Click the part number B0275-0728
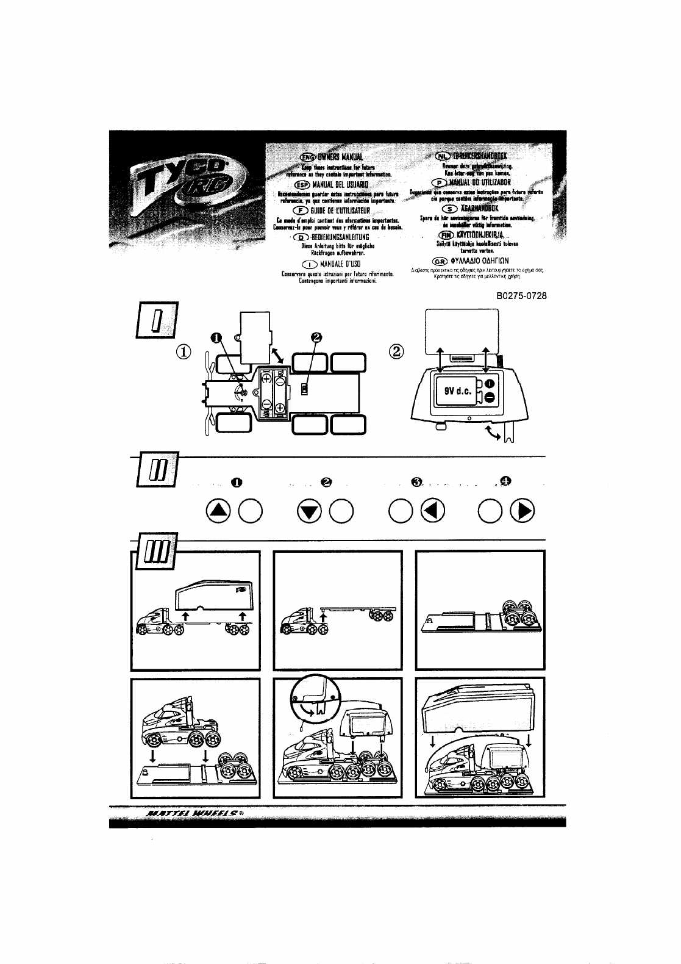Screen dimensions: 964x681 (522, 296)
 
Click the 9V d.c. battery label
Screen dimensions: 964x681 (452, 391)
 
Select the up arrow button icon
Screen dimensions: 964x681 (217, 511)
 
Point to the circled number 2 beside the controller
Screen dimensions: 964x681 (397, 351)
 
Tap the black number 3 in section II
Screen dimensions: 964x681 (416, 483)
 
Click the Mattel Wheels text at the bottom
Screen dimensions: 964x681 (195, 813)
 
